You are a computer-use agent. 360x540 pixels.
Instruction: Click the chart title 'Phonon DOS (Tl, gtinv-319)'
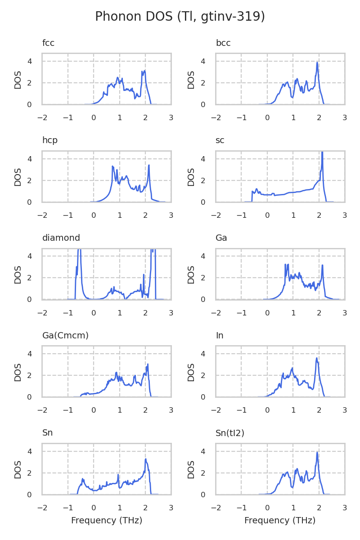[x=180, y=17]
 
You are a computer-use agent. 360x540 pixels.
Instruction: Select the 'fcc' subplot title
[x=48, y=43]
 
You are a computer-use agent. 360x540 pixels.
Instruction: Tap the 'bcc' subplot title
[x=223, y=43]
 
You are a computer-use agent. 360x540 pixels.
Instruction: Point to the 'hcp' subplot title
[x=49, y=140]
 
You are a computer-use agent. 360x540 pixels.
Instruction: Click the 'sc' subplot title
[x=220, y=140]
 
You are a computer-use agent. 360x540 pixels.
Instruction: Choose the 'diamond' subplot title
[x=61, y=238]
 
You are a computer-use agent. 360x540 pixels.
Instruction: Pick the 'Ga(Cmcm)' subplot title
[x=65, y=336]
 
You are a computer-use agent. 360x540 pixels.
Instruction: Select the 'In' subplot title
[x=220, y=336]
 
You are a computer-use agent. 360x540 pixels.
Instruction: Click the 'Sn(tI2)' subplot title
[x=230, y=433]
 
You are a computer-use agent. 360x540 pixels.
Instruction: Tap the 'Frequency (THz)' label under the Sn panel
[x=107, y=521]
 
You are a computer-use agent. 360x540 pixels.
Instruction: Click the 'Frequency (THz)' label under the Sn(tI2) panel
[x=280, y=521]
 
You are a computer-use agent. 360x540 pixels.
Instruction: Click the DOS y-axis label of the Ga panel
[x=191, y=274]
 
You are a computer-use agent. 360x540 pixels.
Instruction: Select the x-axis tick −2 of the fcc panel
[x=42, y=118]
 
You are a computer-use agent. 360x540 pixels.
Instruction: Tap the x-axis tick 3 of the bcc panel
[x=345, y=118]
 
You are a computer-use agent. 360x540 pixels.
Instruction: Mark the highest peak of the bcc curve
[x=317, y=63]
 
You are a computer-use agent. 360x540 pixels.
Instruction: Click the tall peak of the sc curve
[x=322, y=153]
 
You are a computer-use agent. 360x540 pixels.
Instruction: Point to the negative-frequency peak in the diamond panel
[x=79, y=250]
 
